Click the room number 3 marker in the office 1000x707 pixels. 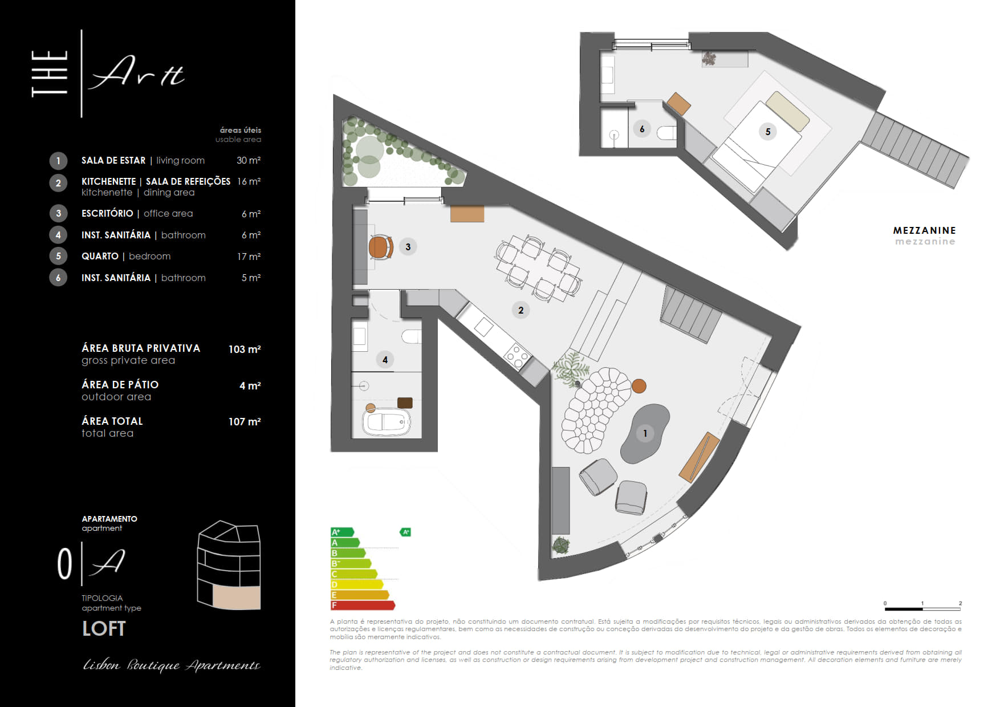tap(408, 247)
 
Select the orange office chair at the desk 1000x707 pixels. tap(381, 247)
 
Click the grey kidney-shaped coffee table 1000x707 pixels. tap(645, 433)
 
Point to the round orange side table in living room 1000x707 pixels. tap(639, 386)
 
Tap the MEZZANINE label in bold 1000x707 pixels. tap(924, 230)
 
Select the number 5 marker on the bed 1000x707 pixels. tap(767, 132)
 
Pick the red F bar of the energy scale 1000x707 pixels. tap(363, 605)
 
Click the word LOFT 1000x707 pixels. tap(104, 628)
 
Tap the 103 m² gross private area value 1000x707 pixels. tap(245, 349)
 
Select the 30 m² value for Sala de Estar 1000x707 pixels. tap(249, 160)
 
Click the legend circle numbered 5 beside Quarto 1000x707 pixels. tap(58, 256)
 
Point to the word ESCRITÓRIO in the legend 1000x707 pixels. tap(107, 213)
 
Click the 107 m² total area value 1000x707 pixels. tap(245, 421)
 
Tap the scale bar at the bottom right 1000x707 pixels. tap(922, 609)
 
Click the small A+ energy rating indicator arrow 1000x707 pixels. tap(405, 532)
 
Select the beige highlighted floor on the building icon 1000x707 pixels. tap(237, 597)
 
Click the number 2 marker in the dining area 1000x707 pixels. tap(521, 310)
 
